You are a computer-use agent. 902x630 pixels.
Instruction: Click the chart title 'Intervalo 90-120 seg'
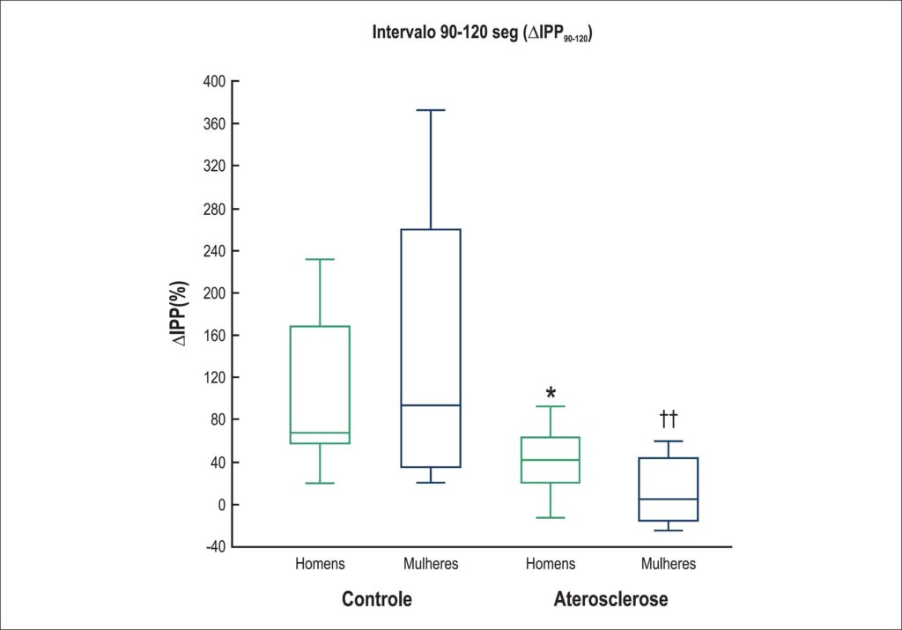click(445, 33)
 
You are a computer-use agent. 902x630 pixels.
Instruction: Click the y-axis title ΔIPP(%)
click(179, 314)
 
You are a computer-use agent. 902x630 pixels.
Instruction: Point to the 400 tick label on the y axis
click(214, 82)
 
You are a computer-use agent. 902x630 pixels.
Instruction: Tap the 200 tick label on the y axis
click(214, 293)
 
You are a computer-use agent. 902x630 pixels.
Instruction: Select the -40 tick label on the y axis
click(216, 546)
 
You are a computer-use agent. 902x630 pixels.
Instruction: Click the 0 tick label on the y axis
click(221, 505)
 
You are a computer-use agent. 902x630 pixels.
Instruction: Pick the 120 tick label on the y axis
click(214, 377)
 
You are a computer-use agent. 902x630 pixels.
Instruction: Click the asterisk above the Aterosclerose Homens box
click(551, 394)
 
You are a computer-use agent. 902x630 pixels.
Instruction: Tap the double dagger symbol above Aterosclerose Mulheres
click(669, 419)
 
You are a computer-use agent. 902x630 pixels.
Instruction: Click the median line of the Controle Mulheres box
click(431, 405)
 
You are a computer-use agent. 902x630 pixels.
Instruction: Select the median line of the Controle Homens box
click(320, 433)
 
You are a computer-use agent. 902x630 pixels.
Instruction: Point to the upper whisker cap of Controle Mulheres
click(431, 110)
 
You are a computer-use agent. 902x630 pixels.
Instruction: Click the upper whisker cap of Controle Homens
click(320, 259)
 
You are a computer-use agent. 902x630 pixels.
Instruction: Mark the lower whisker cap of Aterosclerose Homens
click(551, 518)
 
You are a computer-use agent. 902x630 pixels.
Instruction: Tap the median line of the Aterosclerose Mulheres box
click(669, 499)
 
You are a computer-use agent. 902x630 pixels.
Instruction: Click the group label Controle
click(377, 599)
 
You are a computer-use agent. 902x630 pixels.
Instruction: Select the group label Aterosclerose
click(610, 599)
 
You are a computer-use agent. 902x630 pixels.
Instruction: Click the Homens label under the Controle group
click(320, 563)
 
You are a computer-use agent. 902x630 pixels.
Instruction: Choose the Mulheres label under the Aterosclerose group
click(669, 563)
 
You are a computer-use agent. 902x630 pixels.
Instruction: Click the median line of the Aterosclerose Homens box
click(551, 460)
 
